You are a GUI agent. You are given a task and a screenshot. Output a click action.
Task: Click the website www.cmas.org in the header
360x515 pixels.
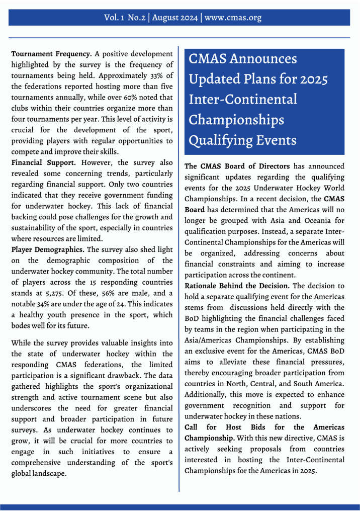point(233,18)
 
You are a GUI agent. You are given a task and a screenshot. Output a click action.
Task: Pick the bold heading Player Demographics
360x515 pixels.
point(48,249)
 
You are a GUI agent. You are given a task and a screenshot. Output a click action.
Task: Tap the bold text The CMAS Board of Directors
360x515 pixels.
point(237,166)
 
